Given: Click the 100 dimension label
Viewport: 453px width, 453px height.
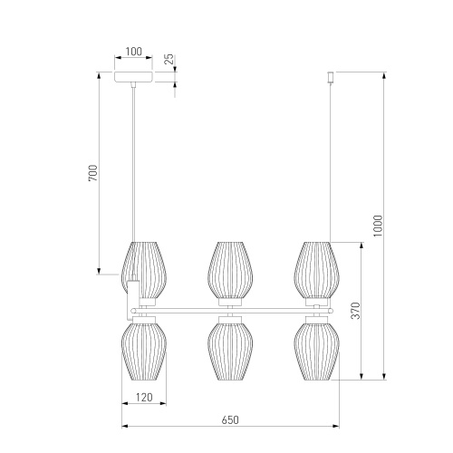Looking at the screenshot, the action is pyautogui.click(x=133, y=52).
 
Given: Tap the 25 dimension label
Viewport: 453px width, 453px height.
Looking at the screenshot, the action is pyautogui.click(x=170, y=59).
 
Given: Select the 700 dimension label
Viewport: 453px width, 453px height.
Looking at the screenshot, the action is pyautogui.click(x=93, y=173).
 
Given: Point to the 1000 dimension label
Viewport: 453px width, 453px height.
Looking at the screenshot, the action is pyautogui.click(x=378, y=226).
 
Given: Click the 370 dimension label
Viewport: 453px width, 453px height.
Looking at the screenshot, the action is pyautogui.click(x=356, y=311).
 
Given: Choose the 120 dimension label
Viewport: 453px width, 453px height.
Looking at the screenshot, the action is pyautogui.click(x=144, y=397).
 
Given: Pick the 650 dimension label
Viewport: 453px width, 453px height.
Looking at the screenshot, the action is pyautogui.click(x=230, y=419).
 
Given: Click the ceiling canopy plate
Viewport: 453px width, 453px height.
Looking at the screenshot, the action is pyautogui.click(x=133, y=77).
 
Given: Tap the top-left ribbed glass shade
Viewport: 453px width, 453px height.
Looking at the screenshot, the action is pyautogui.click(x=144, y=270).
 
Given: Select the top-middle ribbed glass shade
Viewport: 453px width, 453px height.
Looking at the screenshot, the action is pyautogui.click(x=230, y=270).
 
